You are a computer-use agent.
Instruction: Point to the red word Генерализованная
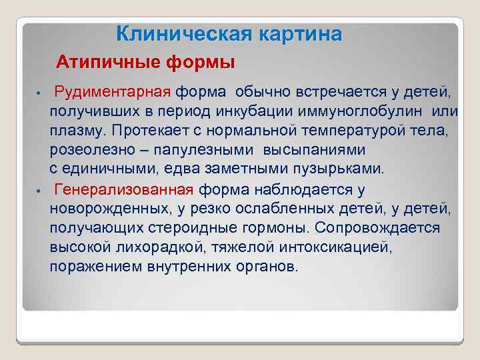point(124,190)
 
